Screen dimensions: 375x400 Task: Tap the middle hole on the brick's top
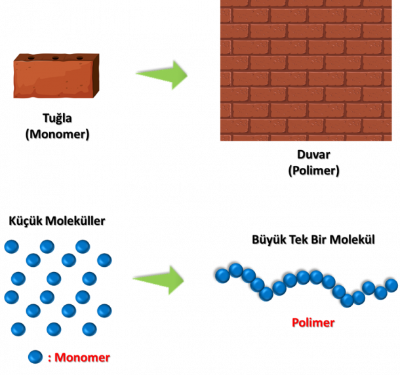pyautogui.click(x=55, y=58)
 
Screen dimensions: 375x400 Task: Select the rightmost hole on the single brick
pyautogui.click(x=80, y=58)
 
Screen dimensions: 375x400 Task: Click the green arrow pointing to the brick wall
pyautogui.click(x=162, y=75)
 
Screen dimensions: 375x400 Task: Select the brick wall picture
pyautogui.click(x=306, y=70)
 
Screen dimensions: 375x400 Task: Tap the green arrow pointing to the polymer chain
pyautogui.click(x=159, y=281)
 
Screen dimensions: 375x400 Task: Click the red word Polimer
pyautogui.click(x=313, y=323)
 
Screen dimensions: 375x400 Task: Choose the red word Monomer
pyautogui.click(x=82, y=357)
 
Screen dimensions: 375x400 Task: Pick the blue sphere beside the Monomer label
pyautogui.click(x=35, y=357)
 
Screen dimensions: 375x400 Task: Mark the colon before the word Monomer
pyautogui.click(x=49, y=358)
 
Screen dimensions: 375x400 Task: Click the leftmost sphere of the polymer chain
pyautogui.click(x=223, y=276)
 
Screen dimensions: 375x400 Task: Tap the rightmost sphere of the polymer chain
pyautogui.click(x=391, y=286)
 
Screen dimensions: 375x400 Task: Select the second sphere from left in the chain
pyautogui.click(x=236, y=270)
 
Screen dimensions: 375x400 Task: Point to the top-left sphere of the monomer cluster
pyautogui.click(x=11, y=247)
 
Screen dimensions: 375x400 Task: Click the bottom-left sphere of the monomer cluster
pyautogui.click(x=18, y=329)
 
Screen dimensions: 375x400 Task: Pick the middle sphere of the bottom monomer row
pyautogui.click(x=54, y=329)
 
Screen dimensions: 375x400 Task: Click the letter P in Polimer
pyautogui.click(x=295, y=323)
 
